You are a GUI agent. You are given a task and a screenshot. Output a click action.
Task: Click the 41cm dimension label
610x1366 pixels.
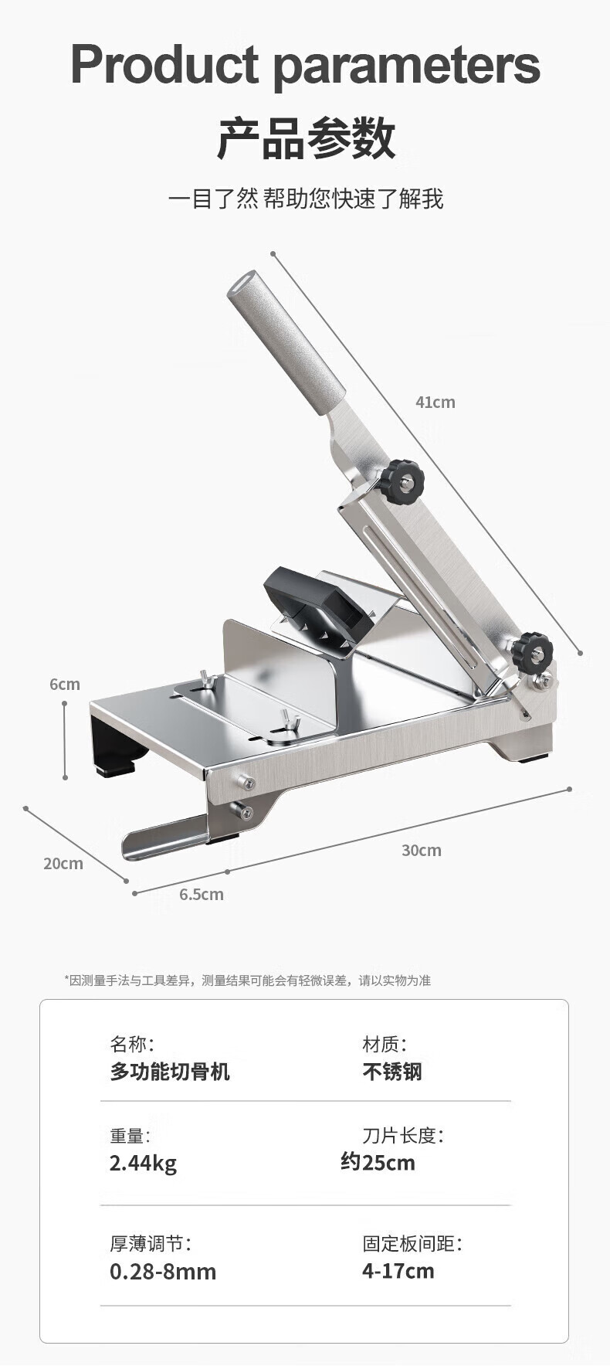(435, 402)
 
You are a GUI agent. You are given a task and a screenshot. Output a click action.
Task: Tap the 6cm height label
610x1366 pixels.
(64, 684)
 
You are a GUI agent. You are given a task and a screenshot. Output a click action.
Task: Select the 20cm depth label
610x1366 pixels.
(63, 863)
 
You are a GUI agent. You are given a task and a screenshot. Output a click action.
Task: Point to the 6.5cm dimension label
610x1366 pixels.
(201, 894)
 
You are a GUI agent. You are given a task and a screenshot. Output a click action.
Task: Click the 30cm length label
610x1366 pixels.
(421, 850)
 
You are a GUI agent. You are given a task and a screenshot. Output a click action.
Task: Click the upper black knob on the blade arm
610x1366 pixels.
(401, 481)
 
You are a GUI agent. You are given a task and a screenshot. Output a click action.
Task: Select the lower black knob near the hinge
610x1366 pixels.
(531, 651)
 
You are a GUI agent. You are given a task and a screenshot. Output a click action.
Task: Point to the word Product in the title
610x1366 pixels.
(164, 65)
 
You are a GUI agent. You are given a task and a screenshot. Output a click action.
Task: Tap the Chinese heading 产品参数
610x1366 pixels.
(306, 138)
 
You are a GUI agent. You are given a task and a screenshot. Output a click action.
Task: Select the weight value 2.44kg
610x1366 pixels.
(143, 1163)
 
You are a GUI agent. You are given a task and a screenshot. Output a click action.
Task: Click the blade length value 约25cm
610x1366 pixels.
(378, 1162)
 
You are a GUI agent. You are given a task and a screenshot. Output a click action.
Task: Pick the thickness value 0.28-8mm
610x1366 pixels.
(162, 1271)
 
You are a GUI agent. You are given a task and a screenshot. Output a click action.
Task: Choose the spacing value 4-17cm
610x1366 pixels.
(398, 1271)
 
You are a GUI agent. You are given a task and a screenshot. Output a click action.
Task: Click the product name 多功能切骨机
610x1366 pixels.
(169, 1072)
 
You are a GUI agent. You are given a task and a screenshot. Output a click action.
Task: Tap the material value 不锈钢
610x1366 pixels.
(392, 1072)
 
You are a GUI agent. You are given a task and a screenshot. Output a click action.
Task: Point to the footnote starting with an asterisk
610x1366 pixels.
(247, 980)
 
